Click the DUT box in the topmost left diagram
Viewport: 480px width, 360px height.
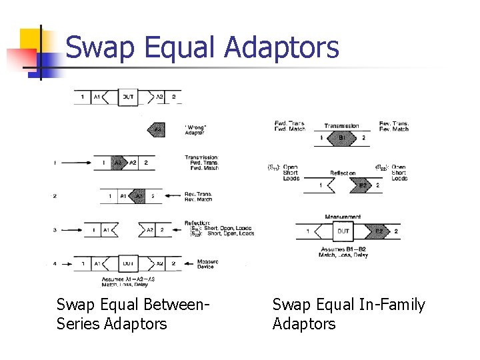pos(128,97)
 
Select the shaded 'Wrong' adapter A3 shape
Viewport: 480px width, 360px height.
pos(157,129)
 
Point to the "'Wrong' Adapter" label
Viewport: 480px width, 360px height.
pos(195,129)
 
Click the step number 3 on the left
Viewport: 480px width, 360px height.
pos(55,230)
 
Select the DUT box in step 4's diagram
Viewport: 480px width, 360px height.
pos(128,263)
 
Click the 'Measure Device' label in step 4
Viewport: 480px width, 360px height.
pos(207,264)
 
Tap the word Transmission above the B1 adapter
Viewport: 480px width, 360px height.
pos(341,125)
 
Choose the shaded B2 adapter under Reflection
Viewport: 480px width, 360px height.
pos(362,185)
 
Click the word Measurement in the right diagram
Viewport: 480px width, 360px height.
pos(343,217)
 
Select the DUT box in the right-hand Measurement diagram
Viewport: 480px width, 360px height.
pos(343,231)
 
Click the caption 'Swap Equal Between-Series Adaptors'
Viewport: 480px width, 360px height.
pos(133,314)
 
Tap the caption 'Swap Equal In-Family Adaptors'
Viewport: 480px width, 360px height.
pos(348,314)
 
